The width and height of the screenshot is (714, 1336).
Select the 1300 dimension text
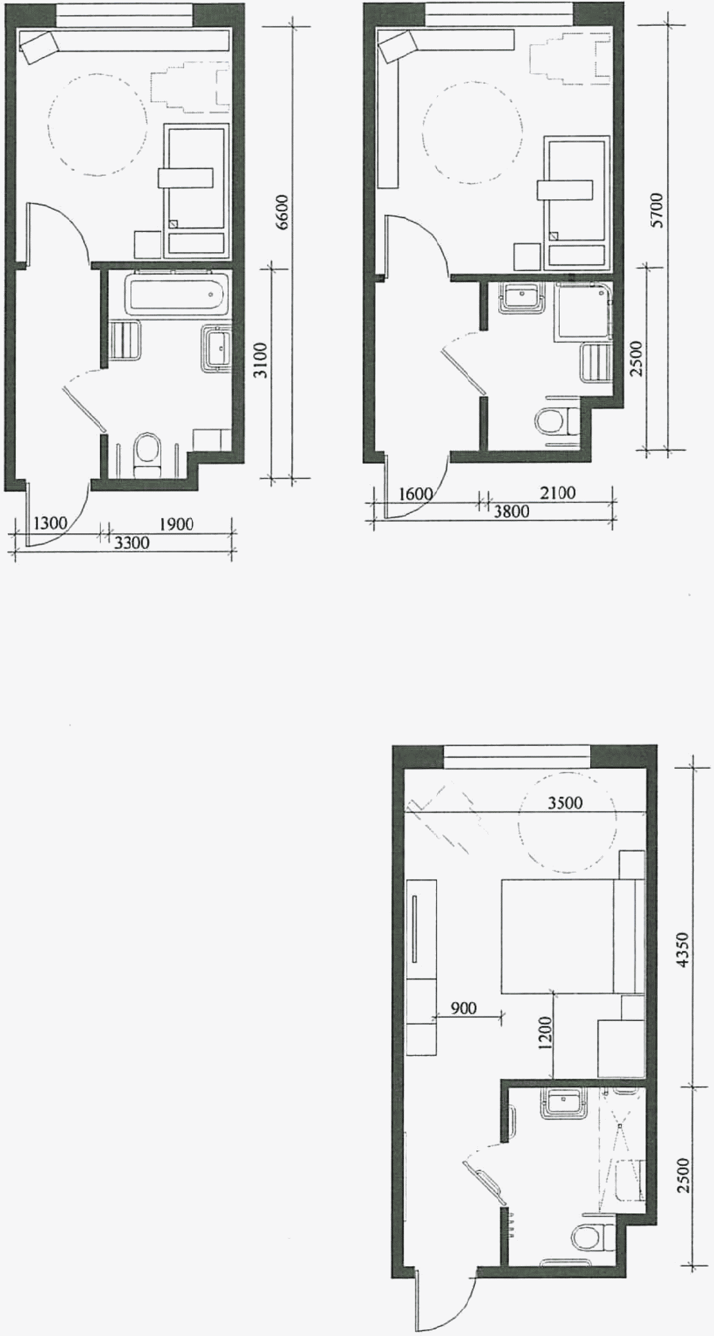click(x=51, y=522)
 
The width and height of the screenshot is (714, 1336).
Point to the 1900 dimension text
click(x=176, y=523)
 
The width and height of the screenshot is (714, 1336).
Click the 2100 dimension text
click(x=557, y=493)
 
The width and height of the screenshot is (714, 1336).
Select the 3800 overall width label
click(x=511, y=512)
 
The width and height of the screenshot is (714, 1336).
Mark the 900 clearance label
click(x=464, y=1008)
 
